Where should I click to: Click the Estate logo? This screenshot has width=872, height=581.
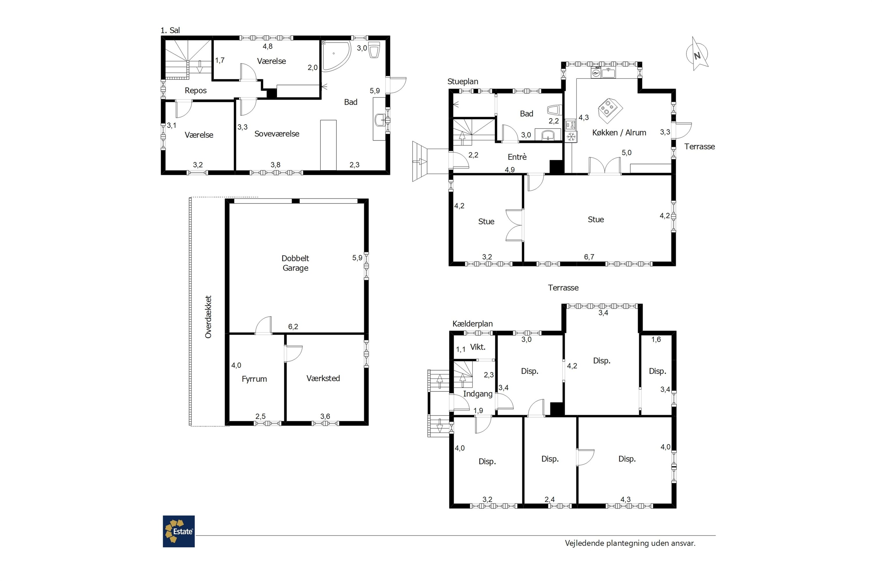tap(179, 531)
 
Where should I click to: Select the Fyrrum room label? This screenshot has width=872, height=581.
tap(254, 379)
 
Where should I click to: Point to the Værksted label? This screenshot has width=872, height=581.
tap(323, 378)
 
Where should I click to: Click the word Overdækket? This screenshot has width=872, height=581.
tap(208, 317)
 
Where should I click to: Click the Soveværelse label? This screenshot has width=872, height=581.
tap(277, 134)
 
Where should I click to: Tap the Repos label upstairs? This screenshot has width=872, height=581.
tap(196, 91)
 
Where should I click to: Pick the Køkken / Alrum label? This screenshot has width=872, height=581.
tap(619, 133)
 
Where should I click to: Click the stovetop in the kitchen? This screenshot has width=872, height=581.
tap(610, 110)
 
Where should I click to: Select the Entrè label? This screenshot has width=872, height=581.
tap(517, 157)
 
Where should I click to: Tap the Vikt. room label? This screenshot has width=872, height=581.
tap(478, 347)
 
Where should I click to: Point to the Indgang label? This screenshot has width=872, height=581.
tap(478, 394)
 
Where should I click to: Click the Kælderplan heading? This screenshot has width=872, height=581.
tap(472, 324)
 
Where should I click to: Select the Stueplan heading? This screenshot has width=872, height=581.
tap(463, 82)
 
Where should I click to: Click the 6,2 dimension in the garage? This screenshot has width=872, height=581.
tap(293, 327)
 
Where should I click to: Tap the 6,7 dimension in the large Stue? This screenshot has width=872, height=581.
tap(589, 257)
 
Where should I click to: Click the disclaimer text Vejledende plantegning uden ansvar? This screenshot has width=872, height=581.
tap(630, 543)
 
